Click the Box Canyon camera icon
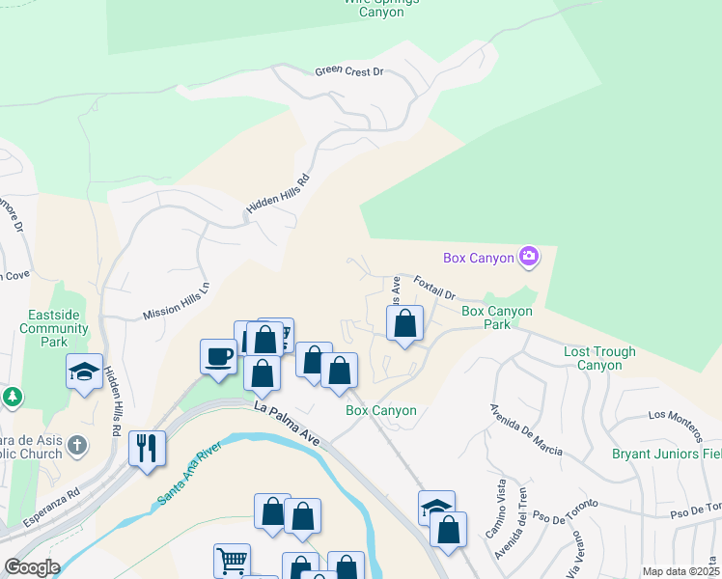(529, 257)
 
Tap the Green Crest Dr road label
(349, 72)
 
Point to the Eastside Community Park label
(60, 328)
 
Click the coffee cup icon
(219, 357)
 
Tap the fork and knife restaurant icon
(147, 448)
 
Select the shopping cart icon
(232, 561)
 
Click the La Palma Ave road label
(287, 424)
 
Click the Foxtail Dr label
(433, 288)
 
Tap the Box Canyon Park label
(497, 317)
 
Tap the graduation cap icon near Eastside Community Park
(85, 371)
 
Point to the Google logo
(31, 567)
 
